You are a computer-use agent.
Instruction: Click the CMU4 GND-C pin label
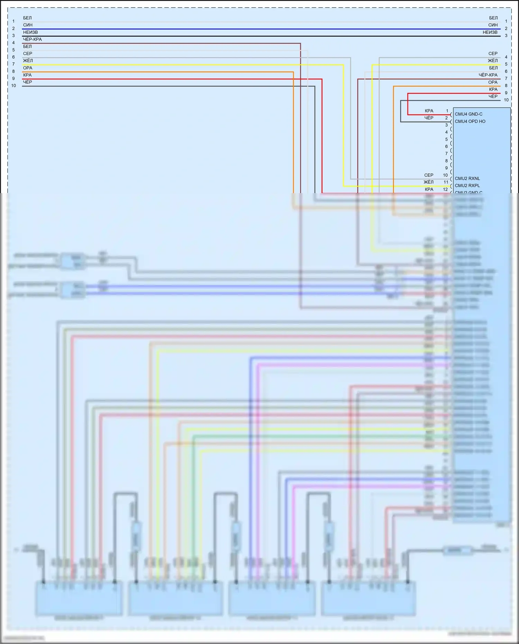(x=468, y=114)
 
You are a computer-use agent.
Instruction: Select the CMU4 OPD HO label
(x=470, y=121)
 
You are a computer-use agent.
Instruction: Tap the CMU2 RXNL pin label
(x=467, y=179)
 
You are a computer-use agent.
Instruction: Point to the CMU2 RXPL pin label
(x=467, y=185)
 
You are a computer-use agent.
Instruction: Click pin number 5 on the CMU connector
(x=446, y=139)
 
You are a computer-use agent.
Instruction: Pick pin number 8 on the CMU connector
(x=446, y=161)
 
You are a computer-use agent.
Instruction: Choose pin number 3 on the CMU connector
(x=446, y=125)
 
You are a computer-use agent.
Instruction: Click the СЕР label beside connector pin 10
(x=429, y=175)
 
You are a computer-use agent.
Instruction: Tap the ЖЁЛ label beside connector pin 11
(x=428, y=182)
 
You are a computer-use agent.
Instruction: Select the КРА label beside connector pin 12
(x=429, y=189)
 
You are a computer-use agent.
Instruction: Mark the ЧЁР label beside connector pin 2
(x=429, y=118)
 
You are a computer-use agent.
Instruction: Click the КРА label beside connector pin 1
(x=429, y=111)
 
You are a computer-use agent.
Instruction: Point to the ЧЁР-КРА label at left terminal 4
(x=32, y=39)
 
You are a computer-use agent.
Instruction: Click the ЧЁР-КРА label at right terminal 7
(x=488, y=75)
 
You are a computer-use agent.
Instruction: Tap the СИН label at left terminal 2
(x=28, y=25)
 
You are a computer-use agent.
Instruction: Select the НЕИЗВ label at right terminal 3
(x=490, y=32)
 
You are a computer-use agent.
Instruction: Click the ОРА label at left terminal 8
(x=28, y=68)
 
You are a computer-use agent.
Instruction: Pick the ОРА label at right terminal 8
(x=493, y=82)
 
